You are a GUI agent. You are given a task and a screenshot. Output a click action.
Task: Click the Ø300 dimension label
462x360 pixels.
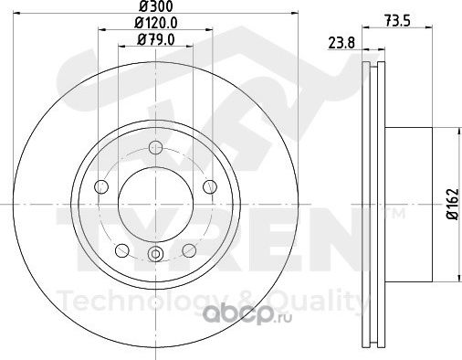(155, 5)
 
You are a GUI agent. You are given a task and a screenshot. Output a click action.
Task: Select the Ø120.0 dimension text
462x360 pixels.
(156, 23)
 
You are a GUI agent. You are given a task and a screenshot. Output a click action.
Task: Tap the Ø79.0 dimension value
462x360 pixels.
(156, 39)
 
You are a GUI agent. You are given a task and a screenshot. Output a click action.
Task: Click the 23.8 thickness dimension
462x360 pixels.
(341, 43)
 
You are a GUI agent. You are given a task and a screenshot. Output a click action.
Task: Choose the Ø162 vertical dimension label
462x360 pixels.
(452, 204)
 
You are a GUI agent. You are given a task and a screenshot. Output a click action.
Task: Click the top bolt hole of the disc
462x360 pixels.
(155, 148)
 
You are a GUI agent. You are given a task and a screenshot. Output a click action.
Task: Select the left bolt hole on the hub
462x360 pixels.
(101, 186)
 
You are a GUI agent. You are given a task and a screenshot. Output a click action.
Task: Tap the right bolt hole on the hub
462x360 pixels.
(210, 186)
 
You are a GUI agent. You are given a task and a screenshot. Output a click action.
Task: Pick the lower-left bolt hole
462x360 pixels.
(122, 250)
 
